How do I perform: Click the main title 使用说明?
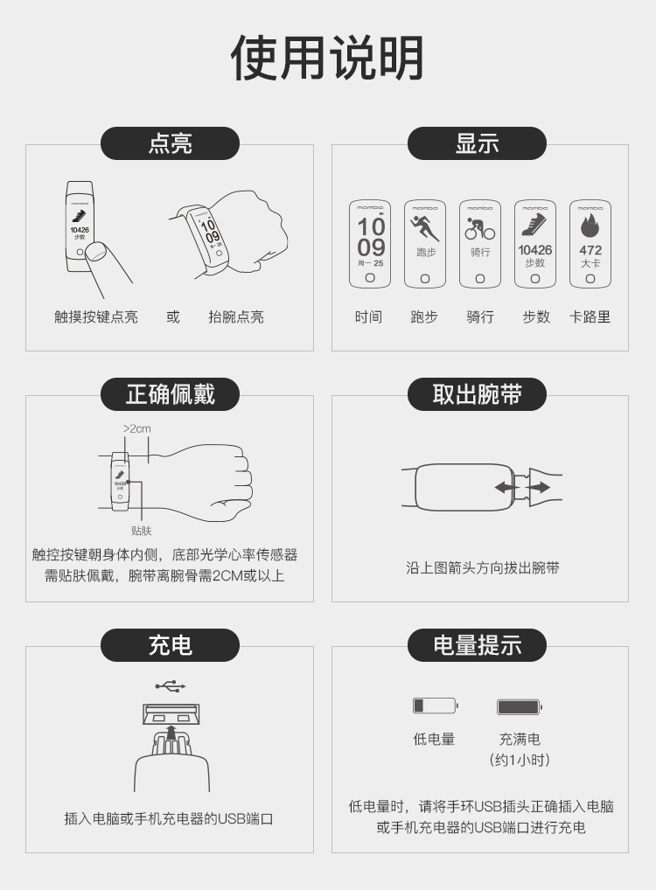pos(327,59)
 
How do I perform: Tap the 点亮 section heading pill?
pos(170,143)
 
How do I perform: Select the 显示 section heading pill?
pos(477,143)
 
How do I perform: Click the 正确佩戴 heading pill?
pos(170,394)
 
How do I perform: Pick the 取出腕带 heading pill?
pos(477,394)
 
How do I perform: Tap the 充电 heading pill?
pos(170,645)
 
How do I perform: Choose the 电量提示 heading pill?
pos(477,645)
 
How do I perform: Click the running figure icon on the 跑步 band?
pos(424,228)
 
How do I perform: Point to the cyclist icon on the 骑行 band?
pos(479,229)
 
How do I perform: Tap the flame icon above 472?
pos(590,226)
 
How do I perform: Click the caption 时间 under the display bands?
pos(368,317)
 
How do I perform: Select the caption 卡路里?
pos(590,317)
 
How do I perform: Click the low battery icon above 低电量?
pos(435,706)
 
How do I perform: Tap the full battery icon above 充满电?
pos(520,706)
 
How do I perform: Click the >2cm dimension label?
pos(136,428)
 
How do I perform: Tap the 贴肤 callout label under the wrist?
pos(141,530)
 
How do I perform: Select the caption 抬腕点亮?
pos(235,317)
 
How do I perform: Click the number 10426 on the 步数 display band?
pos(534,250)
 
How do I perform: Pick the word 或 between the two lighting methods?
pos(173,317)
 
